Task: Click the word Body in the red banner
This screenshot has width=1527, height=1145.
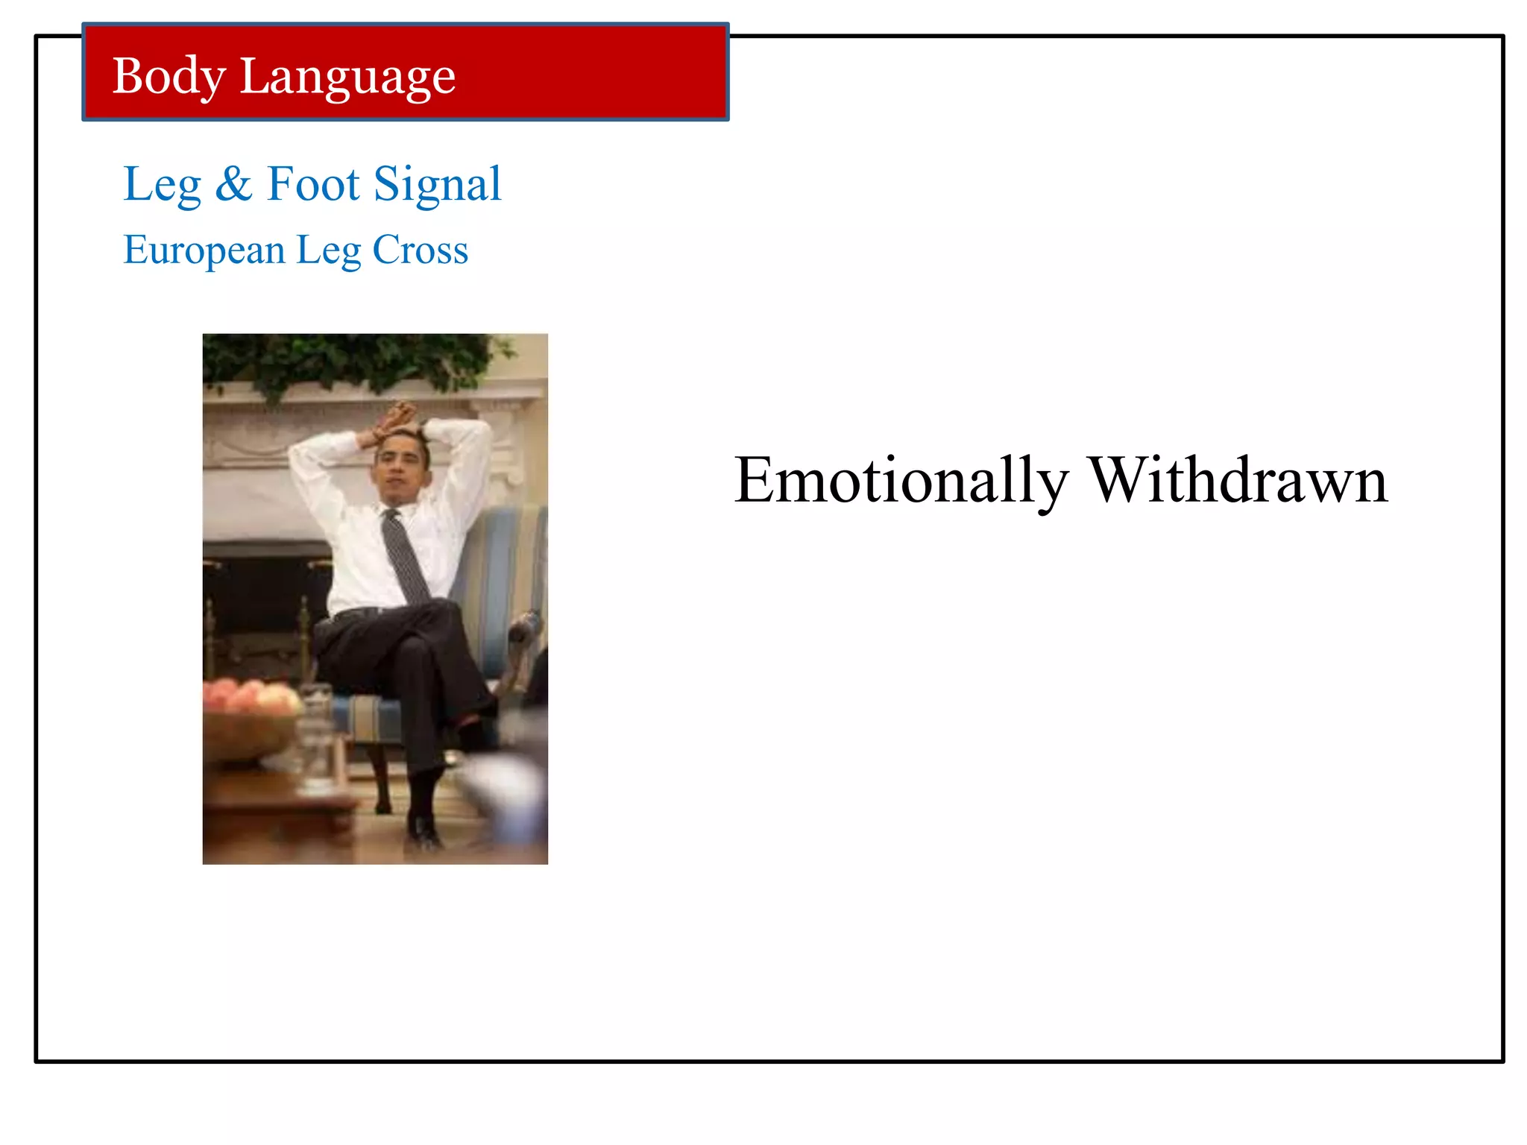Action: point(169,77)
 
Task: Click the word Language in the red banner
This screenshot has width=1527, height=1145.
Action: point(347,77)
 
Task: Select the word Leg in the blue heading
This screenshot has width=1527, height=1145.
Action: point(162,184)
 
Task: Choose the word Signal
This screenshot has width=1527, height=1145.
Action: point(438,184)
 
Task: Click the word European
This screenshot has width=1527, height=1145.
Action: point(204,250)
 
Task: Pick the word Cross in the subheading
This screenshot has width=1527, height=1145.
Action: point(421,250)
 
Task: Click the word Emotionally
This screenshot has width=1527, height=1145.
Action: point(901,481)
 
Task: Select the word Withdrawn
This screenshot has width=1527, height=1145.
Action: point(1238,481)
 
